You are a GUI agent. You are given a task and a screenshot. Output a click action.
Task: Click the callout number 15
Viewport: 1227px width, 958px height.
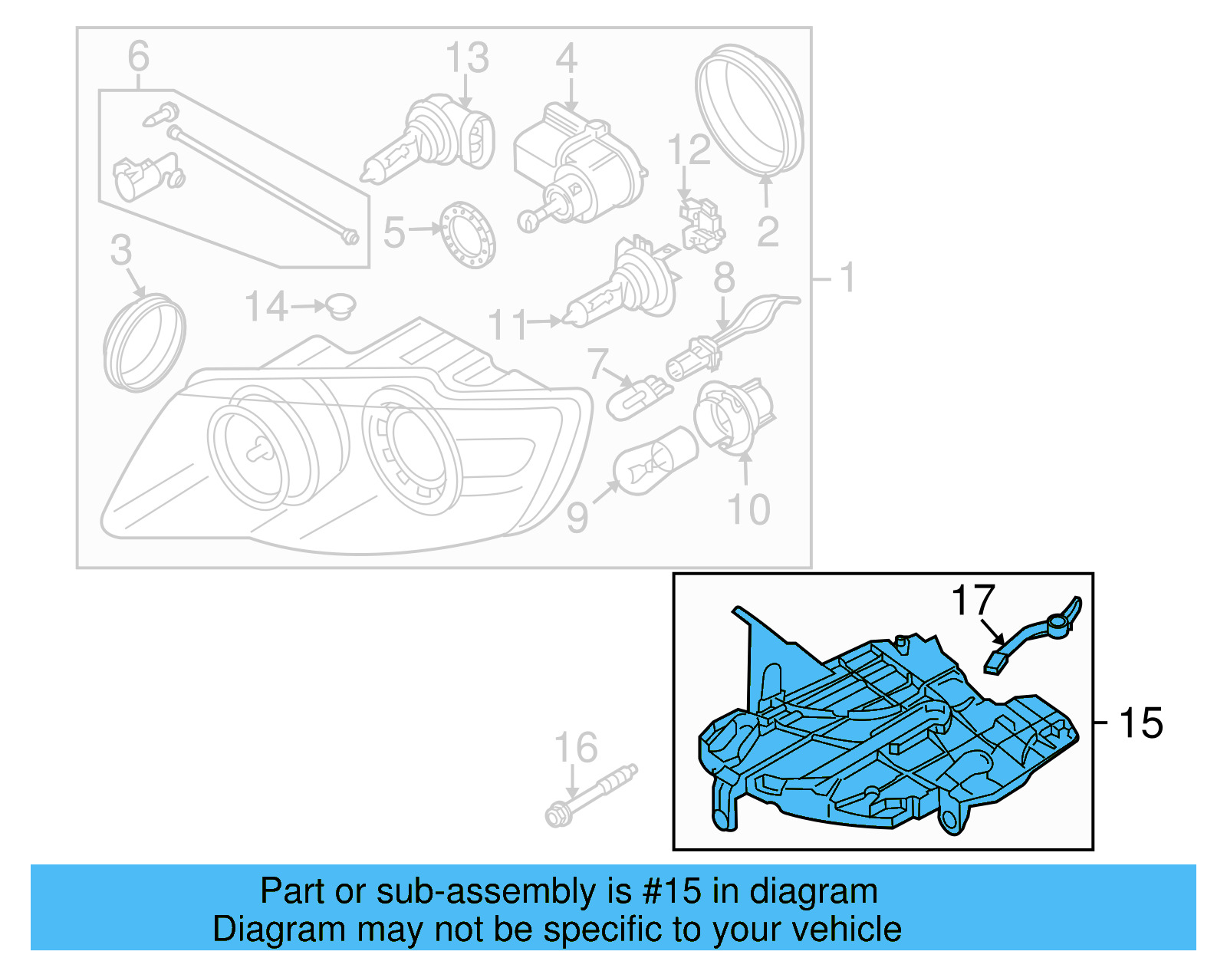1140,723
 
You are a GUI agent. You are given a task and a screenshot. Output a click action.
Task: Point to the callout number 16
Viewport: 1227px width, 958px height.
576,749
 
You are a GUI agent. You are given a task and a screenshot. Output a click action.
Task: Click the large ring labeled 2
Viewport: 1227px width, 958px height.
750,112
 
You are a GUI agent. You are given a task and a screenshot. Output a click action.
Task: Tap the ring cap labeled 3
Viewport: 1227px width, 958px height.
144,341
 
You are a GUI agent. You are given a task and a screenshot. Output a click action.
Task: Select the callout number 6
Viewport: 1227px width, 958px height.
138,58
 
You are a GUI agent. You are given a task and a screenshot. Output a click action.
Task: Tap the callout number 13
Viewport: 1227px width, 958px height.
467,59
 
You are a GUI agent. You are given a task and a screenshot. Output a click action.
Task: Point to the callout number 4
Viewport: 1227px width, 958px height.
566,59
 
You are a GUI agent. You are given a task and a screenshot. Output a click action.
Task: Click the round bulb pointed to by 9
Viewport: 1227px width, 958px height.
654,462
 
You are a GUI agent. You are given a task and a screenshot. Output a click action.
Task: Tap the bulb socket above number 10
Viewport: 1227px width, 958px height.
732,414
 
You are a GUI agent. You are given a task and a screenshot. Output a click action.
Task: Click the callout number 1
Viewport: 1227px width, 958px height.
847,278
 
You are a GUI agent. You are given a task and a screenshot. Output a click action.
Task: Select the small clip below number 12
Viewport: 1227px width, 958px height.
700,224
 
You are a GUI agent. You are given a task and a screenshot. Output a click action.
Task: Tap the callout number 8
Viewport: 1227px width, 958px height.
724,278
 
